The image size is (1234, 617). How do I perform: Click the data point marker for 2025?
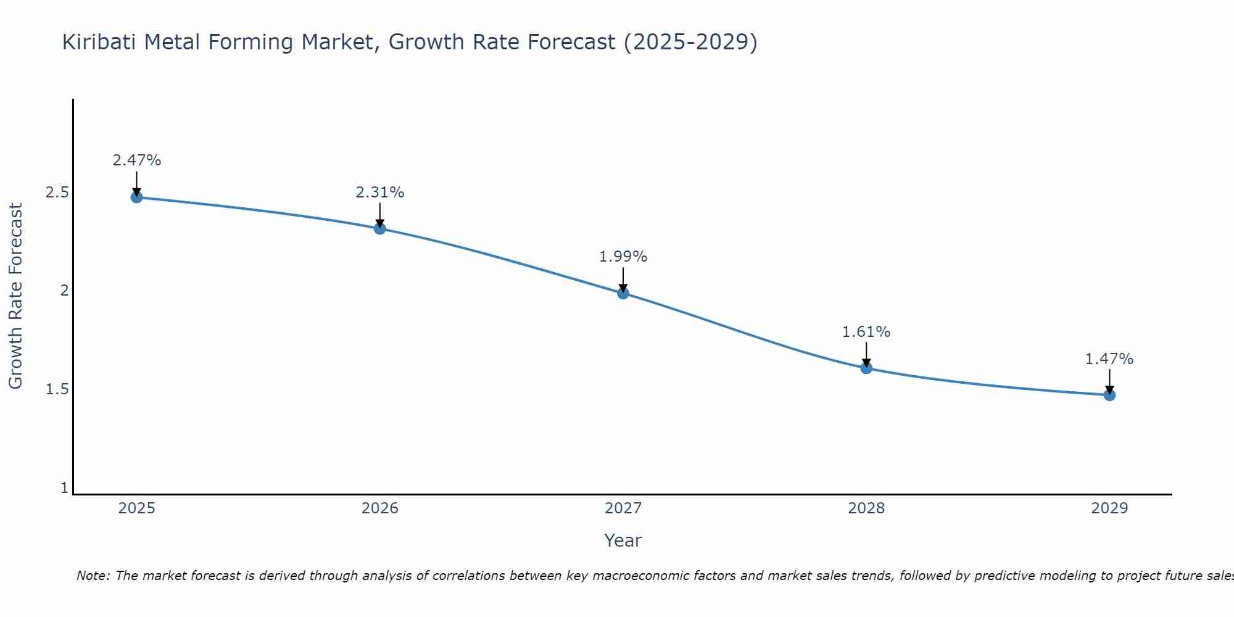[x=136, y=197]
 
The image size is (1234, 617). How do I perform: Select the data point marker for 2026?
[x=380, y=229]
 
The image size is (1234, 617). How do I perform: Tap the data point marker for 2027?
[x=623, y=293]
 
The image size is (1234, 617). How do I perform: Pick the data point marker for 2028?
[x=866, y=368]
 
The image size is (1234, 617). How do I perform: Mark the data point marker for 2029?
[x=1109, y=395]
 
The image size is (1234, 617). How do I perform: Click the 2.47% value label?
[x=136, y=160]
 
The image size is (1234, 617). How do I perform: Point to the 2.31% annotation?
[x=380, y=193]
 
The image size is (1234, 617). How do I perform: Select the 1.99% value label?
[x=623, y=257]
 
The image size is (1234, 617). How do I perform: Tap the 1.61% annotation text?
[x=866, y=332]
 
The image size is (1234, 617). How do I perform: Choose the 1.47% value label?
[x=1109, y=359]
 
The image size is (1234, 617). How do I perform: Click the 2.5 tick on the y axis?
[x=57, y=193]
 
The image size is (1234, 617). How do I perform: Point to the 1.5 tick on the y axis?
[x=57, y=389]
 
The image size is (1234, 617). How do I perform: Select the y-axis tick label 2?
[x=64, y=291]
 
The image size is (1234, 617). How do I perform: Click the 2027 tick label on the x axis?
[x=623, y=508]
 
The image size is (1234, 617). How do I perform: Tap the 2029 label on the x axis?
[x=1109, y=508]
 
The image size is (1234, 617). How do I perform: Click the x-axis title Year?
[x=623, y=540]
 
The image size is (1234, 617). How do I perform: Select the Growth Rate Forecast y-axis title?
[x=15, y=296]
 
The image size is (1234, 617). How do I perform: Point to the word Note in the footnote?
[x=93, y=576]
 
